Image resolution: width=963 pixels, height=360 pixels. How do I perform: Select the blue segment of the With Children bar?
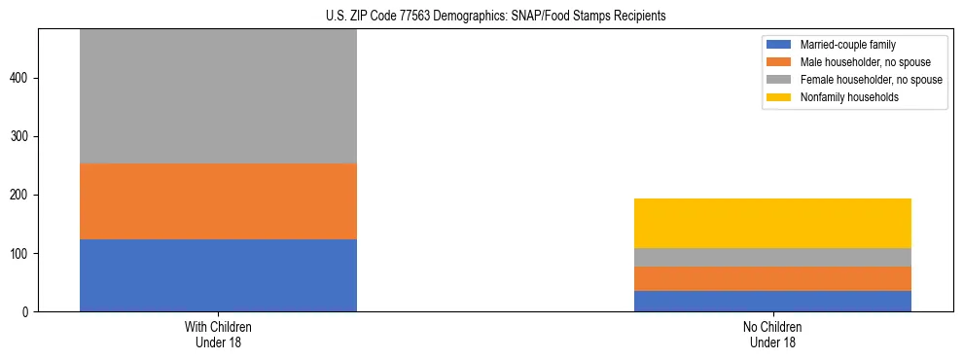tap(218, 275)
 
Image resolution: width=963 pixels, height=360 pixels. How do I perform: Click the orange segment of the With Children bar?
tap(218, 201)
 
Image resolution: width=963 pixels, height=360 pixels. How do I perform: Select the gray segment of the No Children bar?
tap(772, 257)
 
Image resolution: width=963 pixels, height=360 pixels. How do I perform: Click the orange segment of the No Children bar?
tap(772, 278)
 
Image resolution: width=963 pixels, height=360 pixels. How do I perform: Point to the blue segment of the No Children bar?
tap(772, 301)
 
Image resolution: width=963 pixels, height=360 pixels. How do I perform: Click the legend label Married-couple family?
tap(847, 45)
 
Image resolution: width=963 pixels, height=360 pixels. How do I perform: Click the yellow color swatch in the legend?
tap(779, 97)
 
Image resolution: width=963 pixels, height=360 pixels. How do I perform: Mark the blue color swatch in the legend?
tap(779, 45)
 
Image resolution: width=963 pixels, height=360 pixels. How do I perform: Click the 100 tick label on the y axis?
tap(21, 254)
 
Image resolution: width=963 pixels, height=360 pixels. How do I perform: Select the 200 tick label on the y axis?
tap(21, 196)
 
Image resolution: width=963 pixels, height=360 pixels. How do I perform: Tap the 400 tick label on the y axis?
tap(21, 78)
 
